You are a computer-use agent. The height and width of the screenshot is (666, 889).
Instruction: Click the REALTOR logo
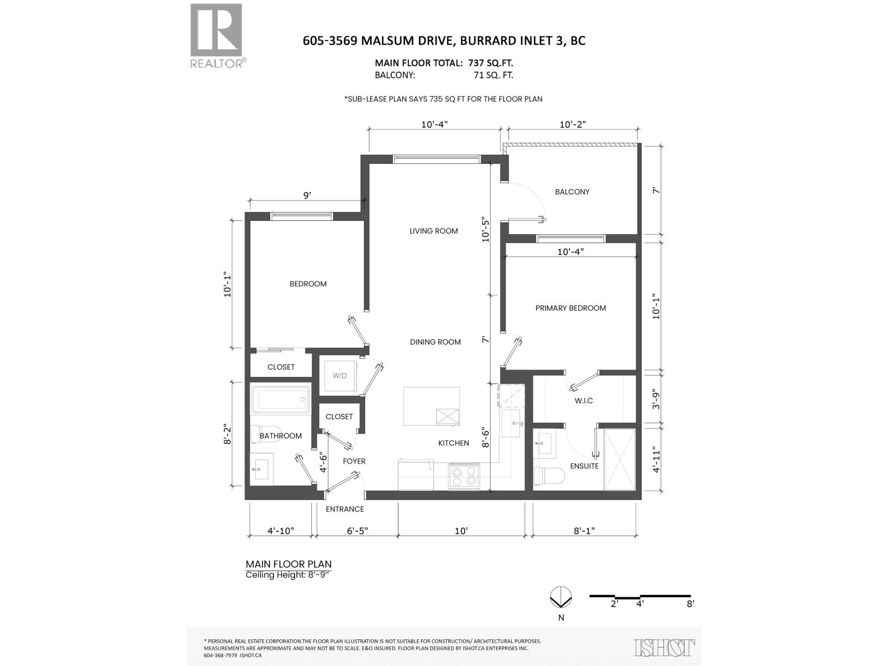[217, 35]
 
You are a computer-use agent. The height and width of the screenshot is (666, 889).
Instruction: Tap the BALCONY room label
[572, 192]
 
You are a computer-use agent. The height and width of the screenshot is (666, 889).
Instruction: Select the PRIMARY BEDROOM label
[570, 308]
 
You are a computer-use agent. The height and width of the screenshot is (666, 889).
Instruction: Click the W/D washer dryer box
[340, 376]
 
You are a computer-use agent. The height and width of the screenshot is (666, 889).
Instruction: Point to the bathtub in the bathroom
[281, 399]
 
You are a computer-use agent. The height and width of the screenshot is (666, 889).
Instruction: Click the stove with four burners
[464, 477]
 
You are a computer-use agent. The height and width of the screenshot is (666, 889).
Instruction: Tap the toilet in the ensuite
[548, 476]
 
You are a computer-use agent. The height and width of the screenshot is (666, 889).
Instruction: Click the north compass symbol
[560, 597]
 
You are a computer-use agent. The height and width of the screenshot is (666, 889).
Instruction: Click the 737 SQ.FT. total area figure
[491, 63]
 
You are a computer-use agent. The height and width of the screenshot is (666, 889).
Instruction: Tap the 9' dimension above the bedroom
[307, 195]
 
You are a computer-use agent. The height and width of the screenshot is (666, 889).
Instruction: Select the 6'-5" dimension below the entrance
[357, 531]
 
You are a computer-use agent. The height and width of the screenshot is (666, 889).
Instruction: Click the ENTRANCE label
[344, 509]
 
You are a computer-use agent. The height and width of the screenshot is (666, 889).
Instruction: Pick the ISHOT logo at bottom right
[665, 647]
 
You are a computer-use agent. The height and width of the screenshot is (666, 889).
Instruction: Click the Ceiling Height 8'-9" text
[288, 575]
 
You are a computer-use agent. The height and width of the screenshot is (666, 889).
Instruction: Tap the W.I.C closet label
[583, 401]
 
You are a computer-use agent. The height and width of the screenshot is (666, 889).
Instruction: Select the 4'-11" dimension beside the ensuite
[656, 460]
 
